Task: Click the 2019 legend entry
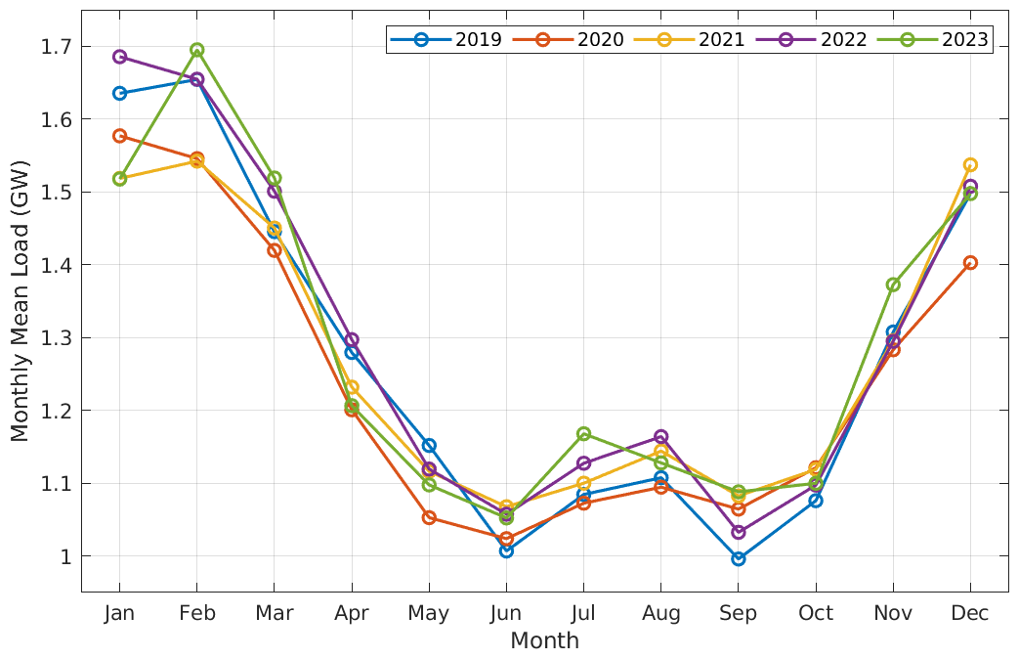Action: [446, 40]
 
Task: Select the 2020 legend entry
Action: [567, 40]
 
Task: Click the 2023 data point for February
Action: [197, 50]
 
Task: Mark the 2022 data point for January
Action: [119, 57]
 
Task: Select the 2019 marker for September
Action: [739, 558]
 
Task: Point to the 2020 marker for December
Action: [970, 262]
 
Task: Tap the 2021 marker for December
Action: [970, 164]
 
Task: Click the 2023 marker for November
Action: [893, 285]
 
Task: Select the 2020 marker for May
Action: [429, 517]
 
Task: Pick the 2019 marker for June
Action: [506, 550]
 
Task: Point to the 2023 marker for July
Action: [583, 433]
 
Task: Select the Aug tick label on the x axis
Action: [661, 613]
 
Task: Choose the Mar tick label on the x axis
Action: [275, 613]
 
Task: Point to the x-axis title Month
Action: [544, 641]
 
